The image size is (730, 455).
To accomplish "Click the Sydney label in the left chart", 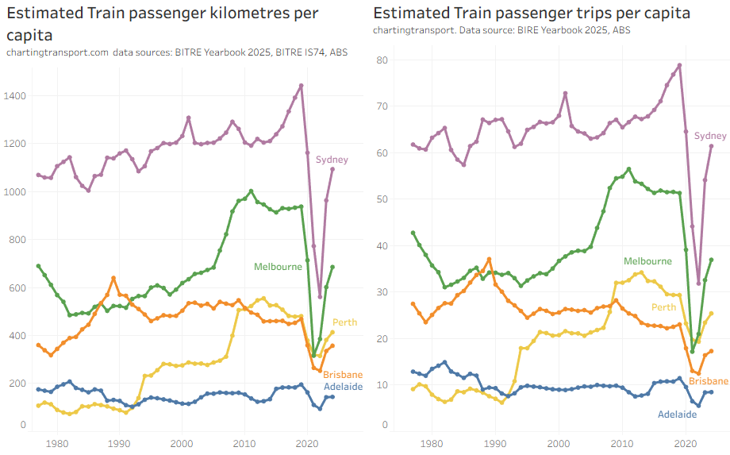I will pyautogui.click(x=332, y=160).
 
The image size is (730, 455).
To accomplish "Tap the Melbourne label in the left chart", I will pyautogui.click(x=278, y=267).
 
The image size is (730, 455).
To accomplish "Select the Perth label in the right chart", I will pyautogui.click(x=663, y=307).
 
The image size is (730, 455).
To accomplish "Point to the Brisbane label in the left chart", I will pyautogui.click(x=343, y=374).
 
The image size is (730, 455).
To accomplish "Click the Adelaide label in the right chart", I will pyautogui.click(x=678, y=414).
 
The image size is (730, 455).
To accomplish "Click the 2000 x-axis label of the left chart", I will pyautogui.click(x=182, y=442).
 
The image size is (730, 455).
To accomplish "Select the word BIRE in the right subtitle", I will pyautogui.click(x=526, y=30).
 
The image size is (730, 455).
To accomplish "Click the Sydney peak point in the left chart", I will pyautogui.click(x=301, y=86).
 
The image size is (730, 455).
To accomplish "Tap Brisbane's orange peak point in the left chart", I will pyautogui.click(x=113, y=278).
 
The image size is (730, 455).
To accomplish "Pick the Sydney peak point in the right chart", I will pyautogui.click(x=679, y=65).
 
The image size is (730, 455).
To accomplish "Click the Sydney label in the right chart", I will pyautogui.click(x=710, y=136).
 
